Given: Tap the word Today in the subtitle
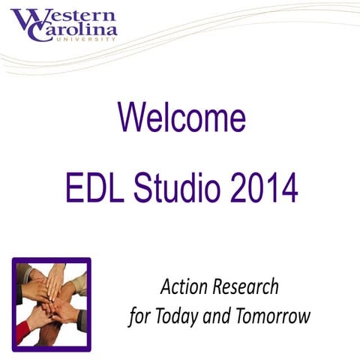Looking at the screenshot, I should click(x=176, y=316).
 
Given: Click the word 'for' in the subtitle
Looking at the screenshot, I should click(x=138, y=316).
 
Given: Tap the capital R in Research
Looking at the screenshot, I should click(x=220, y=286).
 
